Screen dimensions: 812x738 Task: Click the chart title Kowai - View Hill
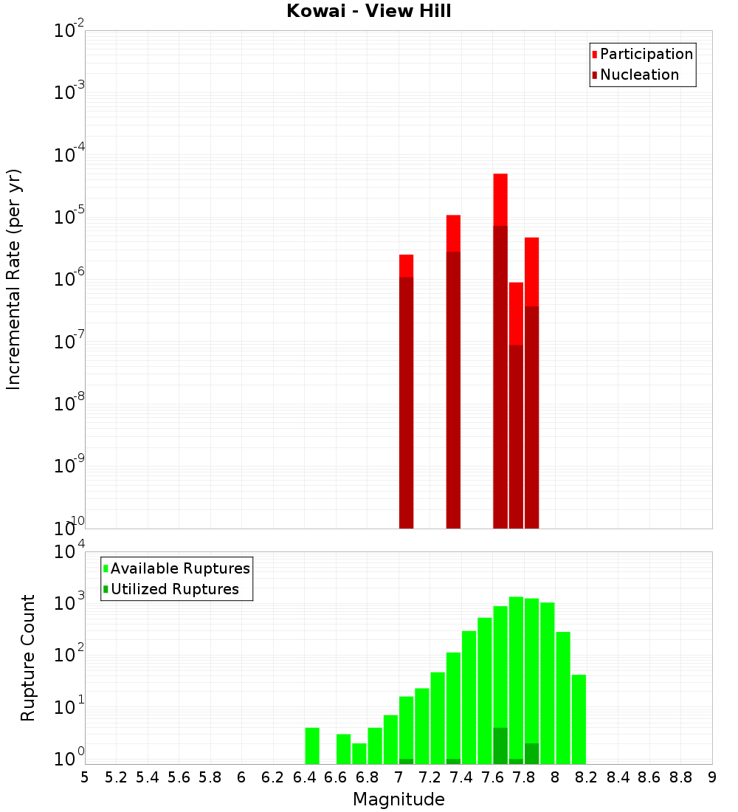pos(369,11)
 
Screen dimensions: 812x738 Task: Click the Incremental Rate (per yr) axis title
pos(14,280)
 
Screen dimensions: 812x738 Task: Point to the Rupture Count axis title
pos(28,658)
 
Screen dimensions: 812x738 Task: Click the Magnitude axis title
pos(399,800)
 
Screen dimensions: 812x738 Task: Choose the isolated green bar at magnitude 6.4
pos(312,746)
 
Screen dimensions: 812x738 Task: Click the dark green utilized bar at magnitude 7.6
pos(500,746)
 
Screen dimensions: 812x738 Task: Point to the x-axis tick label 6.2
pos(272,777)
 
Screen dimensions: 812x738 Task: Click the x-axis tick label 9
pos(712,777)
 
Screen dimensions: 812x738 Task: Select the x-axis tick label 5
pos(85,777)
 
